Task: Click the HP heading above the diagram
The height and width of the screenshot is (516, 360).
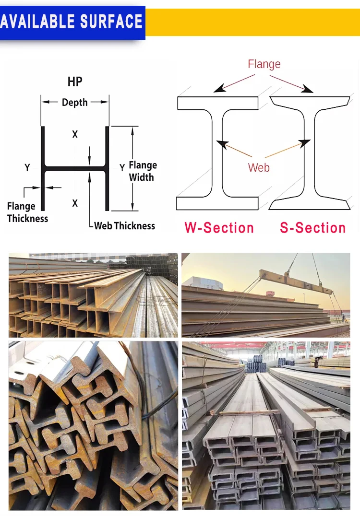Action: pyautogui.click(x=75, y=82)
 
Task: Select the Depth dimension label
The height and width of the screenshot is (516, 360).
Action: pyautogui.click(x=75, y=102)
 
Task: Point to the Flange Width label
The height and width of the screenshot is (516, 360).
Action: pyautogui.click(x=142, y=171)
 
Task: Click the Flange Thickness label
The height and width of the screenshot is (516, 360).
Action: pyautogui.click(x=27, y=212)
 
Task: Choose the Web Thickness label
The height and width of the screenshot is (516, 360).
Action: pyautogui.click(x=125, y=226)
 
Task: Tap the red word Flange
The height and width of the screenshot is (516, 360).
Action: pyautogui.click(x=264, y=64)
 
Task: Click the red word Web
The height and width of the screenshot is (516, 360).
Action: pyautogui.click(x=259, y=168)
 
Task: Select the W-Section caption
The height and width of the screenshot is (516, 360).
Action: pyautogui.click(x=219, y=228)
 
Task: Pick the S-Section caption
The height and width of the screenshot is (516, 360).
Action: pyautogui.click(x=313, y=228)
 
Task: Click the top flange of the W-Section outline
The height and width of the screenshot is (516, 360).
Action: pyautogui.click(x=217, y=103)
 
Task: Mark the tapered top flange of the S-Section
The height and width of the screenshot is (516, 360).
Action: pyautogui.click(x=309, y=101)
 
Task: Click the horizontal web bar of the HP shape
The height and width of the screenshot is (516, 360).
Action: pyautogui.click(x=75, y=169)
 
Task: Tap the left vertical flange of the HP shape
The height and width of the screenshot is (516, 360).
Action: pyautogui.click(x=43, y=168)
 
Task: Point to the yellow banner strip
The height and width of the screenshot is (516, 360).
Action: pyautogui.click(x=252, y=22)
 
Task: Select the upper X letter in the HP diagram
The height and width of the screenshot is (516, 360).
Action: pyautogui.click(x=75, y=135)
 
